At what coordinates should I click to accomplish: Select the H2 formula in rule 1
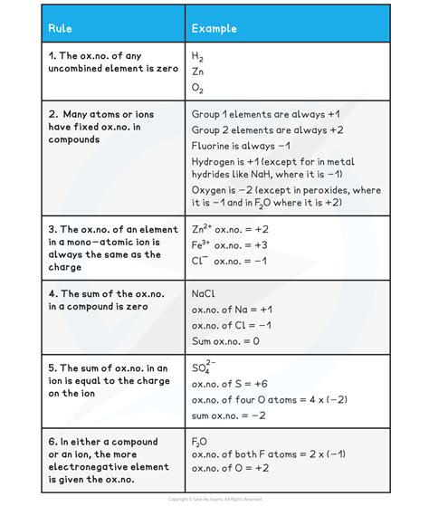[197, 55]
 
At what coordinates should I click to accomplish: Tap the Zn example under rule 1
[198, 72]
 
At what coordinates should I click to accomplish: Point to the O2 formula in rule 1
[197, 88]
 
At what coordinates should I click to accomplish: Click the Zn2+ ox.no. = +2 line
[230, 229]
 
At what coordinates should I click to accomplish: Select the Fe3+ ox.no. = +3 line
[230, 244]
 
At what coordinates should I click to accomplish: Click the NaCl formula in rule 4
[203, 294]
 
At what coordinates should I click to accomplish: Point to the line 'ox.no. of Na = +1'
[233, 310]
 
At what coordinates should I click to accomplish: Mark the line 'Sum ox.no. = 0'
[225, 341]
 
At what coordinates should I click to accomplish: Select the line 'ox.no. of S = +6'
[231, 384]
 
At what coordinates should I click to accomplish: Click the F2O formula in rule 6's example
[199, 442]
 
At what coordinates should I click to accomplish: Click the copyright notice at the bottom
[214, 499]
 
